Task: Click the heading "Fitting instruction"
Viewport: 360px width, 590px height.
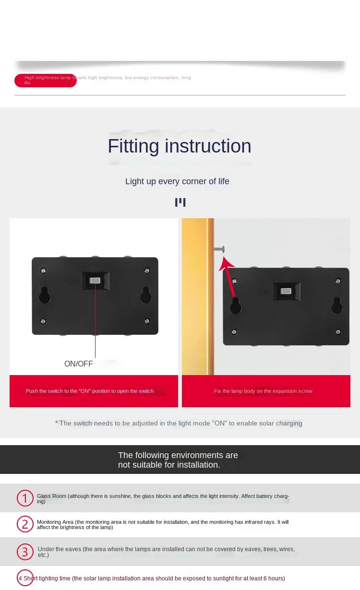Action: [180, 146]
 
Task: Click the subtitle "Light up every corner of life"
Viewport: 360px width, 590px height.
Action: [177, 181]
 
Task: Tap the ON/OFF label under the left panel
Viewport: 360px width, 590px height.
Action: [78, 364]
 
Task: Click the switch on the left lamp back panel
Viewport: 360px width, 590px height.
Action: [95, 281]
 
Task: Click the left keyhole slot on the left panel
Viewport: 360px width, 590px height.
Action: [44, 295]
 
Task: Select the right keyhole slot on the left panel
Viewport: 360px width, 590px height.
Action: [146, 295]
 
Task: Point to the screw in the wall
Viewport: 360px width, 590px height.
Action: [219, 248]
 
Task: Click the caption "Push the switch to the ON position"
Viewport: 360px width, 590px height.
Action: [90, 391]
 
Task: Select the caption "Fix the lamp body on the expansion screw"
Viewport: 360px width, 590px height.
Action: [263, 391]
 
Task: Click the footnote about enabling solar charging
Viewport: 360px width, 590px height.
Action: [179, 423]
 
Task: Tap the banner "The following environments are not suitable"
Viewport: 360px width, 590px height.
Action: [178, 460]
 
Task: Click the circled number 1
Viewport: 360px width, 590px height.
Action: [25, 498]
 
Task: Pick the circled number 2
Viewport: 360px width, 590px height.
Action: [25, 524]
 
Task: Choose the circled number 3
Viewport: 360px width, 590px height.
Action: [25, 552]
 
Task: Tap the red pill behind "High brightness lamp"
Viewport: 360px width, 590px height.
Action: [45, 81]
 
